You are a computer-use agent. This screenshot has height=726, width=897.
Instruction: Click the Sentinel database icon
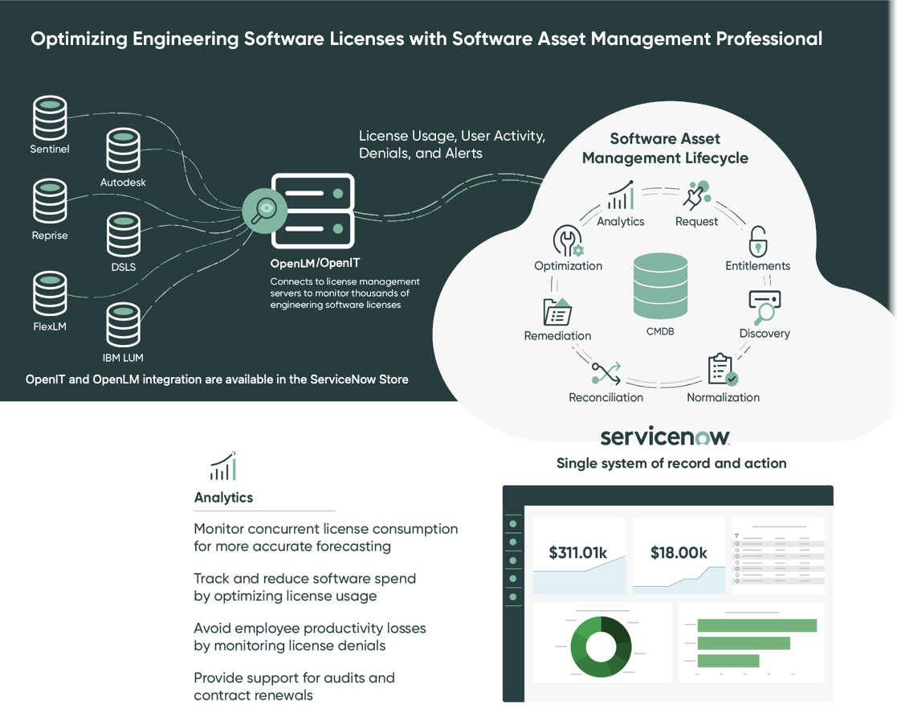[50, 117]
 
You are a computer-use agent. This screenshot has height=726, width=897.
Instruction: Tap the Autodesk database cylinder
[123, 150]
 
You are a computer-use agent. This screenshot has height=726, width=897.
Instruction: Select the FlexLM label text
[50, 326]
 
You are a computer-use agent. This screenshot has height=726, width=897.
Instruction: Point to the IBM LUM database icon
[123, 325]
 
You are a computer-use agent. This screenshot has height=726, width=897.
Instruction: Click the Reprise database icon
[50, 201]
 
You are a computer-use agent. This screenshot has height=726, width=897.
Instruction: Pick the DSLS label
[124, 267]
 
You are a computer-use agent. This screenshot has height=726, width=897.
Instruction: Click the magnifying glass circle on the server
[264, 211]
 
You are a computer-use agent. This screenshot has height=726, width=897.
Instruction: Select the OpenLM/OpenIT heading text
[316, 264]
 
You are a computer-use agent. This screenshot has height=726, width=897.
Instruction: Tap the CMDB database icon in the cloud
[660, 285]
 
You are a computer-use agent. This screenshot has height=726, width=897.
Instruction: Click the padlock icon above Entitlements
[758, 241]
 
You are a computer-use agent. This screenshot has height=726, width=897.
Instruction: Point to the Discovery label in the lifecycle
[764, 333]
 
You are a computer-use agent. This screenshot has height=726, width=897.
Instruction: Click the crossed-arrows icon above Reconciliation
[606, 373]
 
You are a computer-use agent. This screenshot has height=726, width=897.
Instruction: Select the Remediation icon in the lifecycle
[557, 312]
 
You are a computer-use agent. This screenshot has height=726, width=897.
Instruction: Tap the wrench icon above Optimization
[568, 240]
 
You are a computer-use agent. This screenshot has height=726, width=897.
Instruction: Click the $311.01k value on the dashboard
[577, 552]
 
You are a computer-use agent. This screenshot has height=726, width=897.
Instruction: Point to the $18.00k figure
[679, 552]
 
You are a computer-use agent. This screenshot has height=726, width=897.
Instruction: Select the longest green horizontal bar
[756, 626]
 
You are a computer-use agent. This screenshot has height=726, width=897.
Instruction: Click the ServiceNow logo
[665, 437]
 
